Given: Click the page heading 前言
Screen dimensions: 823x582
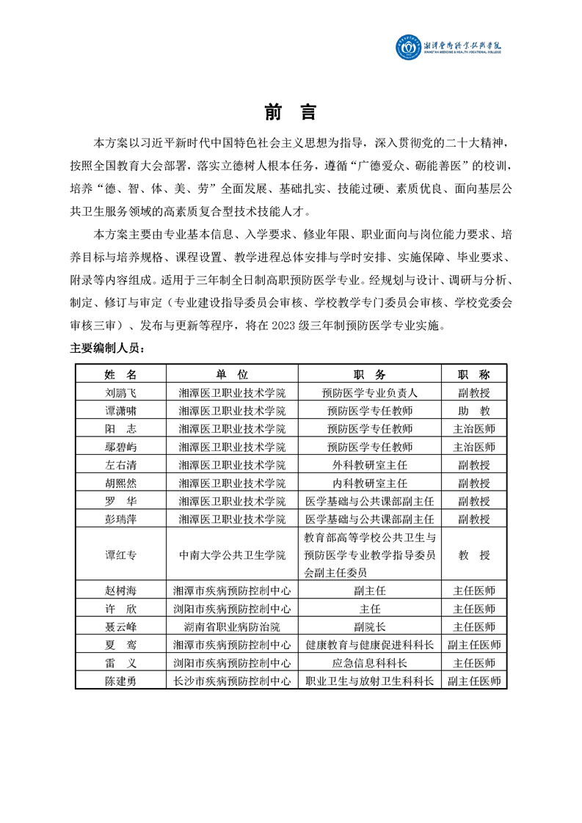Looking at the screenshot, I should coord(291,112).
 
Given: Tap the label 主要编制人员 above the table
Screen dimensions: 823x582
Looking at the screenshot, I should coord(107,348).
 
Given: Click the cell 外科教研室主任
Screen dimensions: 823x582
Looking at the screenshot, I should coord(369,464).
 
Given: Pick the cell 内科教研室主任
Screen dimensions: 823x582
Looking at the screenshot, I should coord(369,483).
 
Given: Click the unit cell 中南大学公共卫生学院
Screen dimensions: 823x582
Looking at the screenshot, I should coord(232,555).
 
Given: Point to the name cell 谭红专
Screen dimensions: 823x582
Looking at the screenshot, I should coord(121,555).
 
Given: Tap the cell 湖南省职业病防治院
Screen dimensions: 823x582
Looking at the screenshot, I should coord(232,626).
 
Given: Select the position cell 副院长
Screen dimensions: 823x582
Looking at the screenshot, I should coord(369,626).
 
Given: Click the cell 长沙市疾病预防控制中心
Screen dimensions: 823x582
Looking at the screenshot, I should coord(232,681).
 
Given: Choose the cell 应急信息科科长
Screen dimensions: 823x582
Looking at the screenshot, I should coord(369,662).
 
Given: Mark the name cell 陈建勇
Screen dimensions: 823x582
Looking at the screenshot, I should coord(121,681).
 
